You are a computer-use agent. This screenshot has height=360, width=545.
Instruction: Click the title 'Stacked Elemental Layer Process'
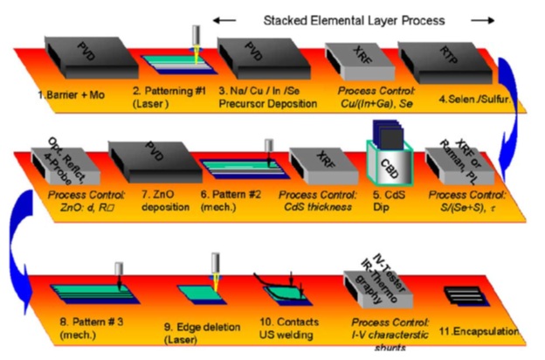(357, 18)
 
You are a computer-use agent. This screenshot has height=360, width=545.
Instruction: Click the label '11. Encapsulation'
(486, 331)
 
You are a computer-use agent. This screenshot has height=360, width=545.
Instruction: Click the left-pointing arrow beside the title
(224, 18)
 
